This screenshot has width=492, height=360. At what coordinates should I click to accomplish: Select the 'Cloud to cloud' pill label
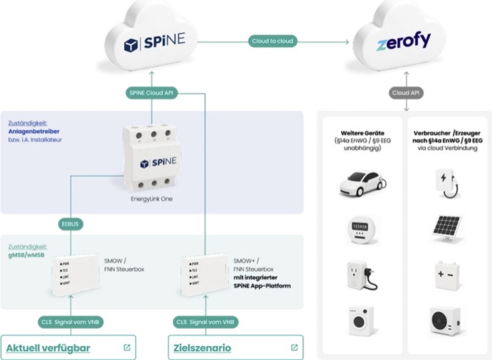(272, 41)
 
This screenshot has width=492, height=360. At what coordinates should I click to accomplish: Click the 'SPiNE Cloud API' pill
(151, 93)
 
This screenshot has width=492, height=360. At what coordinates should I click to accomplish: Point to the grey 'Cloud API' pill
(407, 93)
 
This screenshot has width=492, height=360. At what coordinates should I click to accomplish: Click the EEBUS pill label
(71, 224)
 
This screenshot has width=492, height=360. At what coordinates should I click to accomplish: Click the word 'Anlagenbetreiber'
(34, 132)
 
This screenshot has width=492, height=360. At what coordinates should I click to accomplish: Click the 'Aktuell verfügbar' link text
(48, 348)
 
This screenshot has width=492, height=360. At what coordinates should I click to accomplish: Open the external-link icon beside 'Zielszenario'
(295, 348)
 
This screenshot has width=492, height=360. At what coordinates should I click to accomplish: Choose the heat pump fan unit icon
(446, 320)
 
